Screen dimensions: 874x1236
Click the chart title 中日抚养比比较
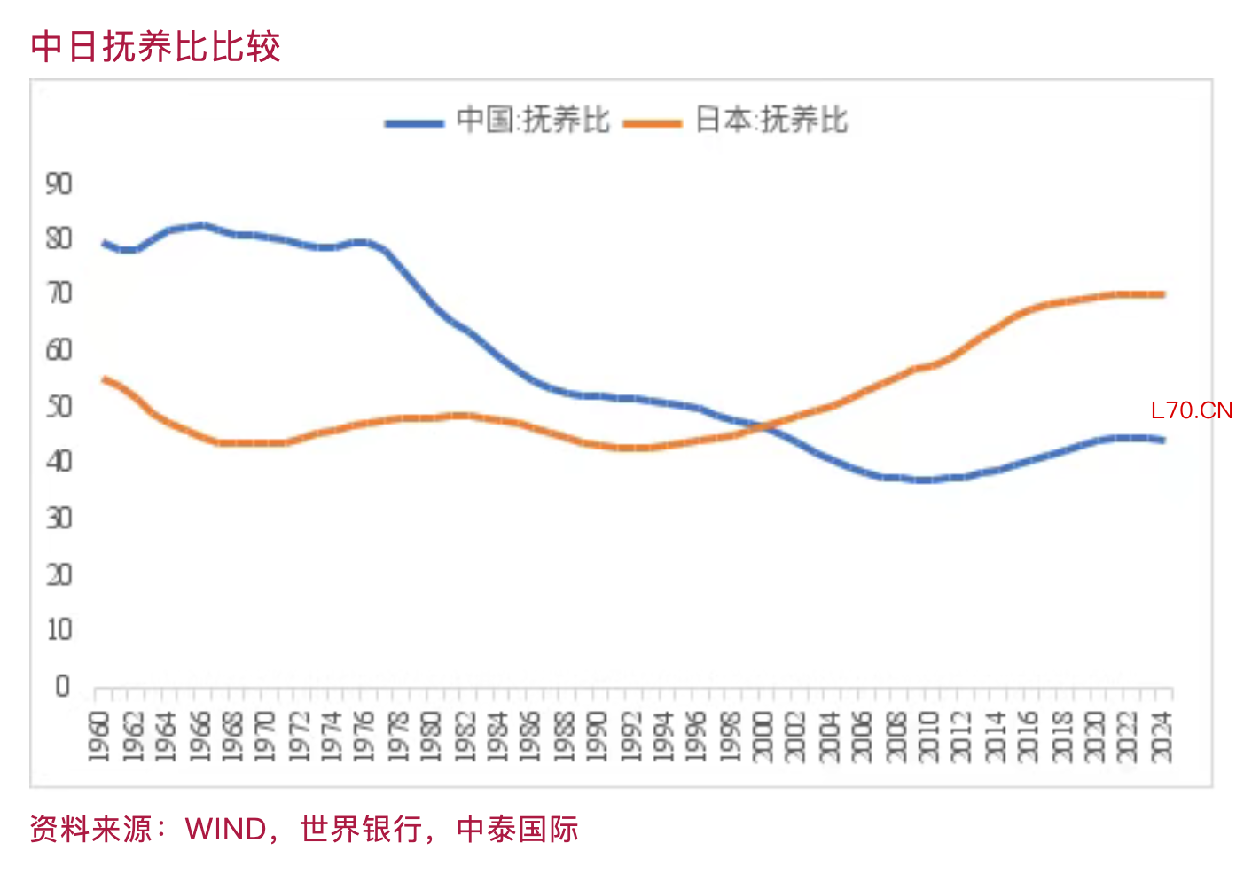(x=155, y=46)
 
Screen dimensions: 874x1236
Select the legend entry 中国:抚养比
(x=533, y=120)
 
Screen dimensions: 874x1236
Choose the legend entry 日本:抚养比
(x=771, y=120)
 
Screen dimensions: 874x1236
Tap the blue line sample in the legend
(x=414, y=123)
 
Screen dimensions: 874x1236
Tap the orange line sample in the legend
(x=653, y=123)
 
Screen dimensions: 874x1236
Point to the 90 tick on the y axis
(x=59, y=184)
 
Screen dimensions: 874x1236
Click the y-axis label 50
(x=59, y=407)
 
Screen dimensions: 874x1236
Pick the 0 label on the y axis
(x=62, y=686)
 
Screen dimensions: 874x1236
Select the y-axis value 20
(x=59, y=575)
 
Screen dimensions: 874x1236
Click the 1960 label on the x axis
(x=99, y=736)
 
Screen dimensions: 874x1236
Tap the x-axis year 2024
(x=1162, y=736)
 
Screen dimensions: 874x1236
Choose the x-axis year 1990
(x=597, y=736)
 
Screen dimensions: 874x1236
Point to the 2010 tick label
(x=928, y=736)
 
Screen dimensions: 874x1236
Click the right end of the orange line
(x=1162, y=294)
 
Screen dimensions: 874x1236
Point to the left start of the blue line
(x=105, y=242)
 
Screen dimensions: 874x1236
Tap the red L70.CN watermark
(x=1191, y=410)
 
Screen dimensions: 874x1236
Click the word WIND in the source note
(x=226, y=830)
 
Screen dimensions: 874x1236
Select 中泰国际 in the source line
(x=517, y=830)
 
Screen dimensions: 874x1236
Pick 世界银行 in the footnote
(x=360, y=830)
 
